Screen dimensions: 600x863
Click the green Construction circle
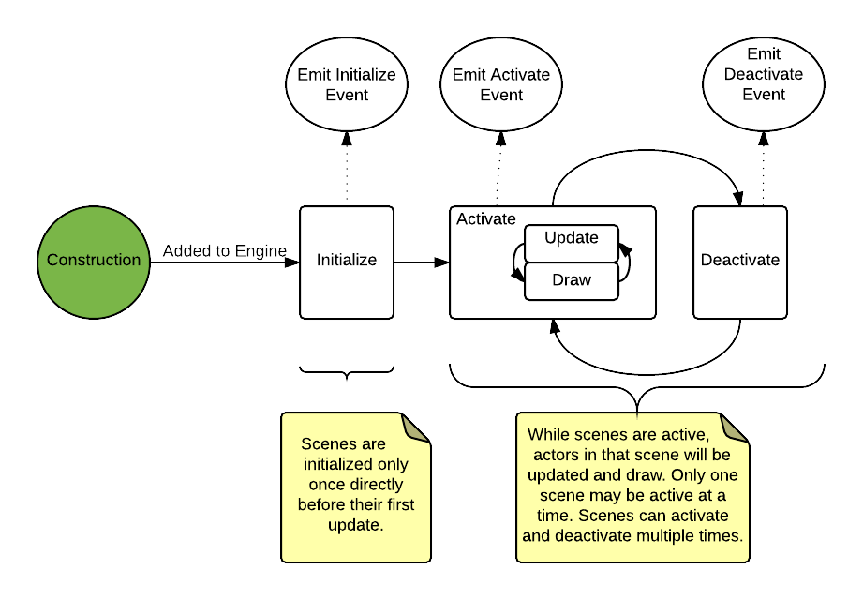[94, 262]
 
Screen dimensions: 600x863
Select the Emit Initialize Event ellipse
[347, 84]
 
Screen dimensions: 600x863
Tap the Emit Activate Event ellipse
[501, 84]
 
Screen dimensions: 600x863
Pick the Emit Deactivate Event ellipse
[764, 84]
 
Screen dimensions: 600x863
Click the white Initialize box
[347, 262]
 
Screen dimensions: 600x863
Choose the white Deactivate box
[740, 262]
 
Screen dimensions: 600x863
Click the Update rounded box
[572, 239]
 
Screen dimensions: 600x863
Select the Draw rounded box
[572, 280]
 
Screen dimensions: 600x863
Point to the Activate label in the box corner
[485, 219]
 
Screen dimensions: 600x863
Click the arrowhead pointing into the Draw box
[517, 275]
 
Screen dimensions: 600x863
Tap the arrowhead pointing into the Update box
[625, 248]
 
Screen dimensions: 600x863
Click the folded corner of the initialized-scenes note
[416, 427]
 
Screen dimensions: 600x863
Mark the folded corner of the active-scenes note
[734, 427]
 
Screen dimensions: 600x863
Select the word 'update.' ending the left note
[356, 525]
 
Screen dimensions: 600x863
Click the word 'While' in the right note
[549, 435]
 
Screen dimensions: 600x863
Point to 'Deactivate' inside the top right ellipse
[764, 74]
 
